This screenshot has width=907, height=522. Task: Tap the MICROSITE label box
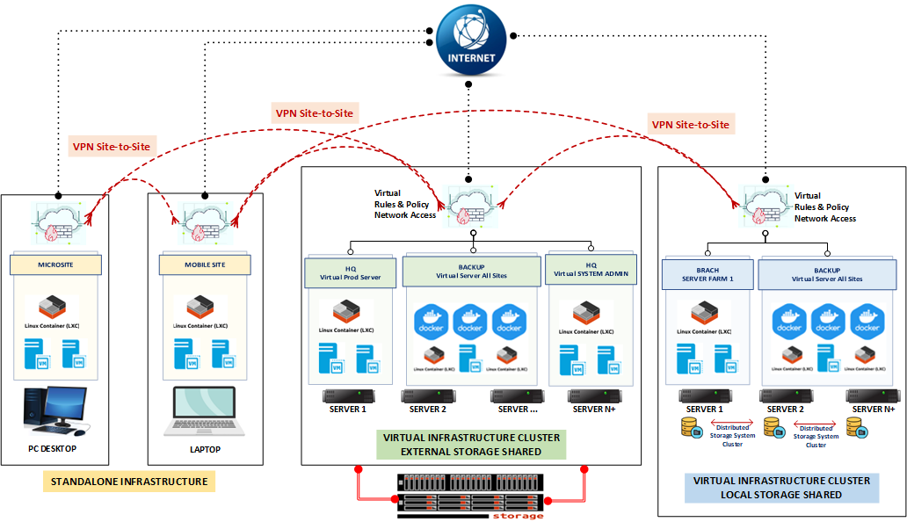pyautogui.click(x=56, y=264)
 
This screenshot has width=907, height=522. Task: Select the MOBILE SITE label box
pyautogui.click(x=205, y=264)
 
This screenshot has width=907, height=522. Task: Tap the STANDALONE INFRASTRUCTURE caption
pyautogui.click(x=129, y=482)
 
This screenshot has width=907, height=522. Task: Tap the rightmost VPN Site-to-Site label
pyautogui.click(x=691, y=125)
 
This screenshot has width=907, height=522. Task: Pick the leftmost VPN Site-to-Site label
pyautogui.click(x=112, y=146)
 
